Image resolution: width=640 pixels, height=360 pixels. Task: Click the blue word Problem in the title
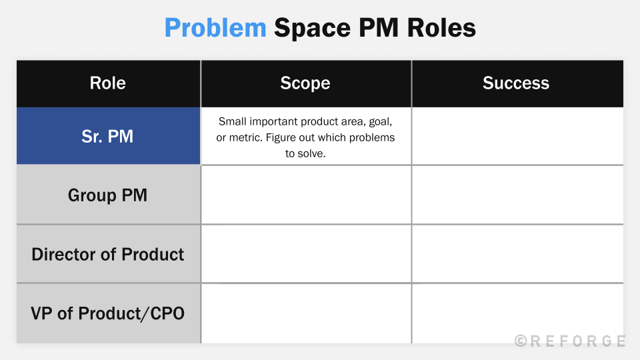(215, 28)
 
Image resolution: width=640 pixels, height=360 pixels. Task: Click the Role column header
(108, 83)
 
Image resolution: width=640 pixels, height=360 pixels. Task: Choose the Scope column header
(305, 83)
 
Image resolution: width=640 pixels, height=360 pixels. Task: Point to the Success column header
(516, 83)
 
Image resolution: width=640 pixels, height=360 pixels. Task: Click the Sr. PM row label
(108, 136)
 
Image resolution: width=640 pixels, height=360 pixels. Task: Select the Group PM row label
(108, 195)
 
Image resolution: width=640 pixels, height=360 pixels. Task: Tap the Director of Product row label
(108, 254)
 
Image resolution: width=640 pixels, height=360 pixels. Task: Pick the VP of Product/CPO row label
(108, 313)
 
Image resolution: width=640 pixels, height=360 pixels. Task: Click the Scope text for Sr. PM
(306, 137)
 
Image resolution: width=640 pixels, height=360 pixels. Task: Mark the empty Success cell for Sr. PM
(517, 136)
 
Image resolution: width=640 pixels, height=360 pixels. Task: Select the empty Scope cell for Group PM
(306, 195)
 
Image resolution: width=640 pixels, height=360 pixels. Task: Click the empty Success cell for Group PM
(517, 195)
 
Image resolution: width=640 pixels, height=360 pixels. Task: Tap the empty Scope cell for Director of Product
(306, 253)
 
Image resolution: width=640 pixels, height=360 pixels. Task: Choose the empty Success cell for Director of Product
(517, 253)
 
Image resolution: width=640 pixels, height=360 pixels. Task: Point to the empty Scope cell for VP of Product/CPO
(306, 313)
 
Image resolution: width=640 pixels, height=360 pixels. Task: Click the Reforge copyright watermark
(570, 341)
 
